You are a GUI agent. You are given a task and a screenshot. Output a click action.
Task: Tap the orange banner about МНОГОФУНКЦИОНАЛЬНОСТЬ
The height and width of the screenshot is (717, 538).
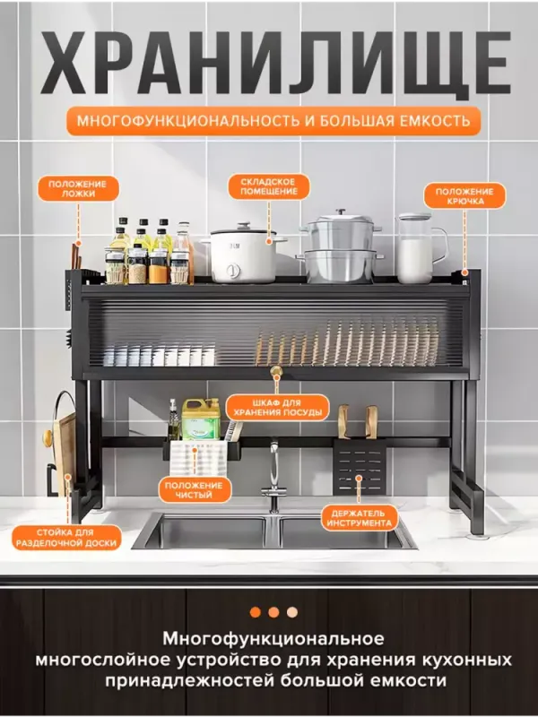pyautogui.click(x=273, y=121)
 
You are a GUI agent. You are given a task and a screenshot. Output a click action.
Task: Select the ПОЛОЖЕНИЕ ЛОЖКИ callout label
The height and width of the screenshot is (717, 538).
pyautogui.click(x=77, y=189)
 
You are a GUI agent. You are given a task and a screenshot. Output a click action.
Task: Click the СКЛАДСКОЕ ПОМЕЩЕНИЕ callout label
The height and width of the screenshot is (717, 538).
pyautogui.click(x=269, y=186)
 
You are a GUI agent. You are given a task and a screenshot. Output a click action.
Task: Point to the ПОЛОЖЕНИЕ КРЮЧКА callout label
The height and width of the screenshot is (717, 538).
pyautogui.click(x=464, y=196)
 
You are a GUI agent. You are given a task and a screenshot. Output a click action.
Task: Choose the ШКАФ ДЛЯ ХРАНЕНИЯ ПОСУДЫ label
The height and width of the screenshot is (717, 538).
pyautogui.click(x=278, y=408)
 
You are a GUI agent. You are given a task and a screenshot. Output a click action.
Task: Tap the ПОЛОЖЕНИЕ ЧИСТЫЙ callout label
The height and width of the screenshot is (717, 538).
pyautogui.click(x=194, y=489)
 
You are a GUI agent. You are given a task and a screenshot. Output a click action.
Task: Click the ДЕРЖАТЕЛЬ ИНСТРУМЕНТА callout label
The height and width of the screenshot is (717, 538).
pyautogui.click(x=360, y=518)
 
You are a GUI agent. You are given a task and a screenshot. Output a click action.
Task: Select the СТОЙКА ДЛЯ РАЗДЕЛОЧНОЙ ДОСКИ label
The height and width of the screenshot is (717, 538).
pyautogui.click(x=66, y=538)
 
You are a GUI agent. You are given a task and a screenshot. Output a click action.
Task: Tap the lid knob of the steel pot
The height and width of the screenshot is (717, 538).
pyautogui.click(x=341, y=213)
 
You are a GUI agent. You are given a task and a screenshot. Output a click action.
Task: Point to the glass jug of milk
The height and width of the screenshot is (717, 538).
pyautogui.click(x=419, y=248)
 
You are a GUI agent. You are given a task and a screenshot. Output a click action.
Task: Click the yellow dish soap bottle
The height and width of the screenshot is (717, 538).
pyautogui.click(x=201, y=419)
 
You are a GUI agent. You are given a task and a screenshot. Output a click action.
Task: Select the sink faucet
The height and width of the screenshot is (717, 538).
pyautogui.click(x=274, y=476)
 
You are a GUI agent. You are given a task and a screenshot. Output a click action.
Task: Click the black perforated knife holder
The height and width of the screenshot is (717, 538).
pyautogui.click(x=360, y=467)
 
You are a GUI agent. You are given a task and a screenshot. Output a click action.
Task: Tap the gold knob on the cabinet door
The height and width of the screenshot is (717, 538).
pyautogui.click(x=276, y=371)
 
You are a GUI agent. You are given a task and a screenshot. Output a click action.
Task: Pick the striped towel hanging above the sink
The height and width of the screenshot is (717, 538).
pyautogui.click(x=199, y=459)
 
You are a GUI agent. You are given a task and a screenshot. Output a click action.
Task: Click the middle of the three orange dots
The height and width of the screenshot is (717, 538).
pyautogui.click(x=273, y=612)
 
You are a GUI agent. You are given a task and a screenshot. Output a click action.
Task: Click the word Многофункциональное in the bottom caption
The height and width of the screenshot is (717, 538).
pyautogui.click(x=273, y=639)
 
